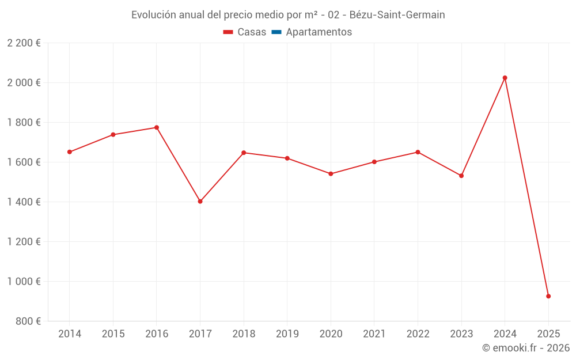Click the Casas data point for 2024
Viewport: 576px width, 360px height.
(505, 78)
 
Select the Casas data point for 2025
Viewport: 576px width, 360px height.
(548, 296)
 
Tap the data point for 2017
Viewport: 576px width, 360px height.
(200, 202)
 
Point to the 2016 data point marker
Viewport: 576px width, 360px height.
(157, 127)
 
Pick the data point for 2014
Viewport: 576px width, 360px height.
(70, 152)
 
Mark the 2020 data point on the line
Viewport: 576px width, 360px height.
(331, 173)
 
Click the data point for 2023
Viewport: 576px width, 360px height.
(461, 176)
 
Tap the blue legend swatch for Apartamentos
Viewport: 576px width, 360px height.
(276, 32)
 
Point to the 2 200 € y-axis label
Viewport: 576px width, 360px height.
(24, 43)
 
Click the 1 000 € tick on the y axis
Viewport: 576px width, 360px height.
(24, 282)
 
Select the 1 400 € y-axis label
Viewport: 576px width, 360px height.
(24, 202)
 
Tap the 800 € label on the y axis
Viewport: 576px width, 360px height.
(27, 321)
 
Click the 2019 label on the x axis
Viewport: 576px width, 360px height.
(287, 334)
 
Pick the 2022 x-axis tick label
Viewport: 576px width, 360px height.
(418, 334)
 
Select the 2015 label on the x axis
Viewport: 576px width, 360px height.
(113, 334)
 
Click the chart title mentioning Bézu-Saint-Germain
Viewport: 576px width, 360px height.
(288, 15)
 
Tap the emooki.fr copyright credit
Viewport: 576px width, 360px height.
(525, 348)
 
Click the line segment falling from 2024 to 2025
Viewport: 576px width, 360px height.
(526, 187)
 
